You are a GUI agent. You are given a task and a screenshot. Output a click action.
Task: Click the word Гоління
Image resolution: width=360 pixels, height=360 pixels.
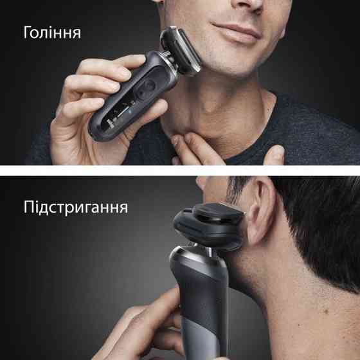point(53,32)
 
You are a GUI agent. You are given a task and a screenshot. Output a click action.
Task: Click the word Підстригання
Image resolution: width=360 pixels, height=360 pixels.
point(76,208)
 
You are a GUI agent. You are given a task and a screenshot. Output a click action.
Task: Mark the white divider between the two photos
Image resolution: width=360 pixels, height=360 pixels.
point(180,170)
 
